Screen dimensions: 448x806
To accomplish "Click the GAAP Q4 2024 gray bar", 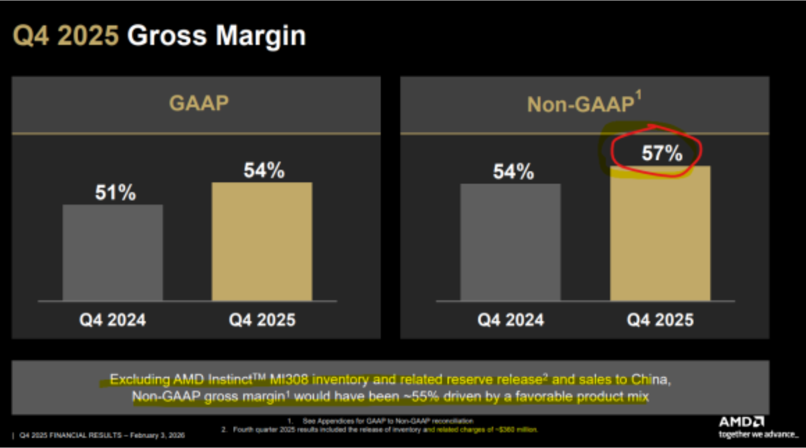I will pos(113,253).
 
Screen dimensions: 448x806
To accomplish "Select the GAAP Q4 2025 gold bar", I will pos(262,241).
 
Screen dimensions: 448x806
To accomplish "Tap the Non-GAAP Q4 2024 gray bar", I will pos(510,242).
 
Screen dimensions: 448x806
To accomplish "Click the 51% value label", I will pos(115,192).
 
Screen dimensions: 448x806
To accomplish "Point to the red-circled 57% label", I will pos(662,153).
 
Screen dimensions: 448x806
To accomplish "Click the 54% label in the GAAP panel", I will pos(264,171).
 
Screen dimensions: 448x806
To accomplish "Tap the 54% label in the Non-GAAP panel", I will pos(513,172).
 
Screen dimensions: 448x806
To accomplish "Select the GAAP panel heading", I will pos(199,104).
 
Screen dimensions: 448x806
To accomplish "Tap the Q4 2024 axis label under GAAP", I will pos(113,320).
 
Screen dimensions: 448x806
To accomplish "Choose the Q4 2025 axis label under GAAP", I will pos(262,320).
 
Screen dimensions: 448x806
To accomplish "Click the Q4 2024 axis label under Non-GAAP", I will pos(511,320).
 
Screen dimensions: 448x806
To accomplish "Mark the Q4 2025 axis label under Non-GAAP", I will pos(660,320).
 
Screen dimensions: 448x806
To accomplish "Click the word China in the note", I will pos(650,379).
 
